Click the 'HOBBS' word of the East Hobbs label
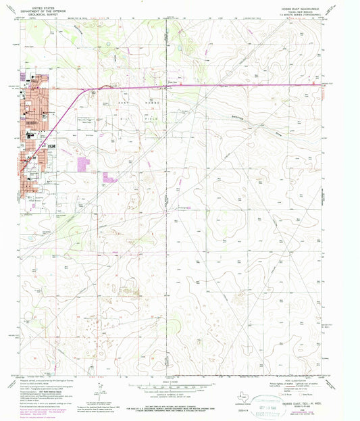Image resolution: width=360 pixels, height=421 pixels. [x=145, y=101]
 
